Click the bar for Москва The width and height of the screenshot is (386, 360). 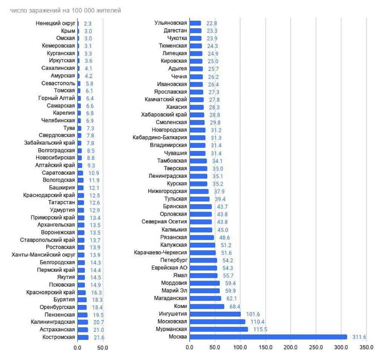268,337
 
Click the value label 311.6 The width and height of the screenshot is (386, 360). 359,337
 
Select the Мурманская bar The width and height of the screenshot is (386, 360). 219,329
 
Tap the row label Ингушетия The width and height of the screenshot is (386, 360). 173,314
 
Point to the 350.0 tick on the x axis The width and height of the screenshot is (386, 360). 366,348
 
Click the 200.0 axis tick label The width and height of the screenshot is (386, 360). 291,348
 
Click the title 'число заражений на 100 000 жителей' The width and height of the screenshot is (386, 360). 66,11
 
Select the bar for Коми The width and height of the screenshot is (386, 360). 207,306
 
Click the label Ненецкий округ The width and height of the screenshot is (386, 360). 55,23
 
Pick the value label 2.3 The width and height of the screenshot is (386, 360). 88,24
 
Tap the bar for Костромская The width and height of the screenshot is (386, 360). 83,337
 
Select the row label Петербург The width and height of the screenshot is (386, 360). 173,260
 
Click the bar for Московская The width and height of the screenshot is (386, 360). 217,322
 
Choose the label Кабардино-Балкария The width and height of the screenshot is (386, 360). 159,138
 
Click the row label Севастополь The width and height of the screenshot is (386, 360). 58,83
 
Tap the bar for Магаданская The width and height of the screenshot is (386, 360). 205,298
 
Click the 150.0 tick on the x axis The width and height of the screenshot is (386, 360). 265,348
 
